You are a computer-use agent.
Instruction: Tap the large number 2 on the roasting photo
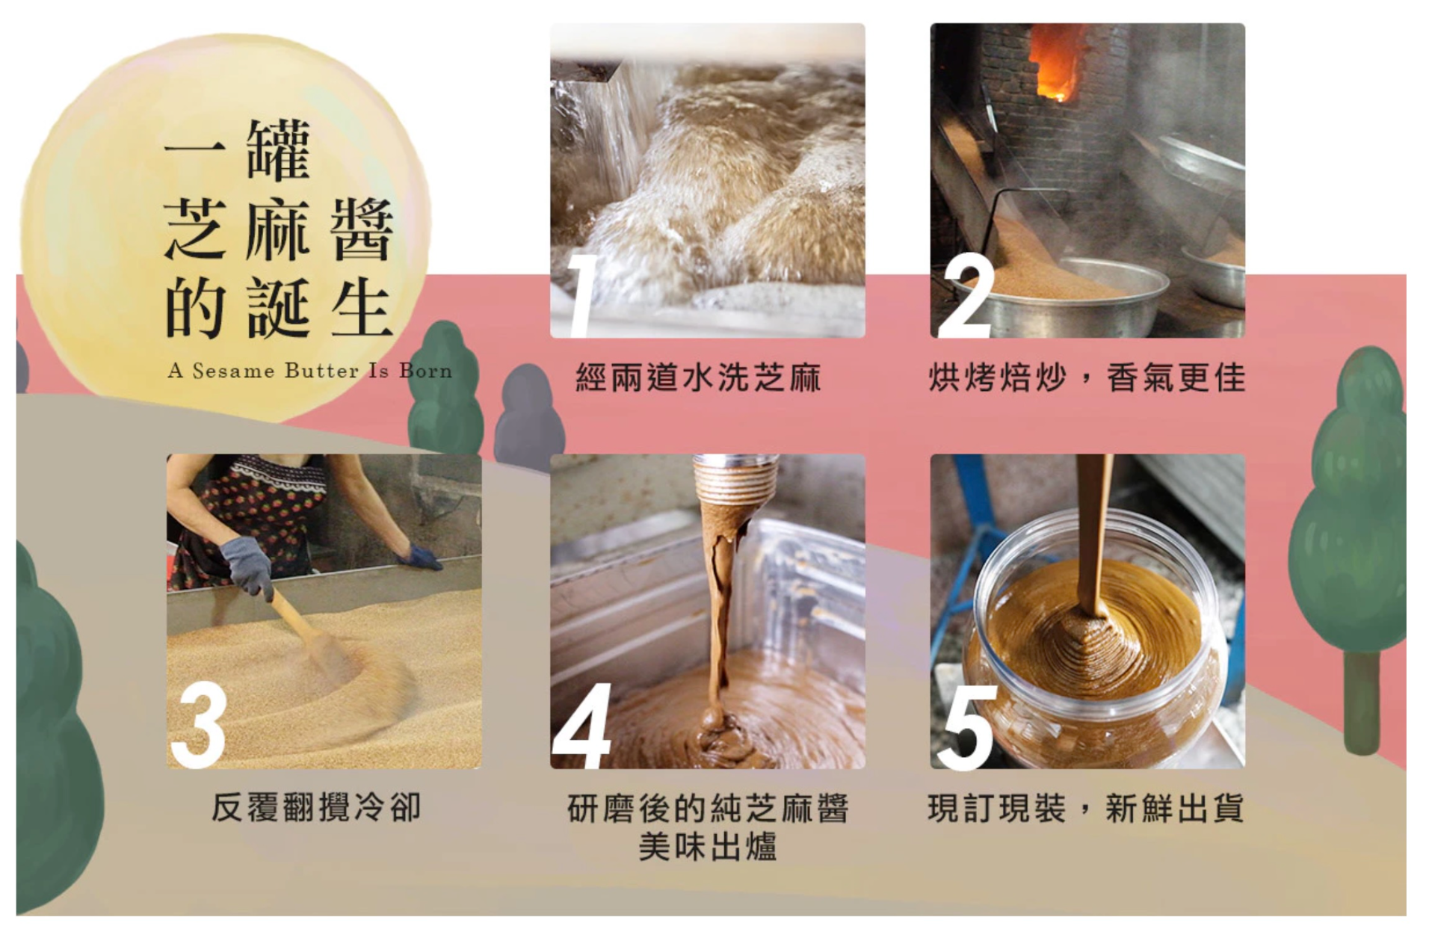click(967, 295)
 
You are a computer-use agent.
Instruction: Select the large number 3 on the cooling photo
click(199, 725)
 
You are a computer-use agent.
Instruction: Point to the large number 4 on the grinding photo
click(582, 726)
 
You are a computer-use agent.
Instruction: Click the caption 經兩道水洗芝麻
click(699, 377)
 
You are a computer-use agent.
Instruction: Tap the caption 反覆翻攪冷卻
click(317, 807)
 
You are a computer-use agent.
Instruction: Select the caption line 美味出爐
click(708, 848)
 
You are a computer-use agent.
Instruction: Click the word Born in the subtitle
click(425, 371)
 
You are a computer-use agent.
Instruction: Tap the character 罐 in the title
click(279, 150)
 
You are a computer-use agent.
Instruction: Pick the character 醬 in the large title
click(362, 229)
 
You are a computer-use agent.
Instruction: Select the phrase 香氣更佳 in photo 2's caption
click(1176, 377)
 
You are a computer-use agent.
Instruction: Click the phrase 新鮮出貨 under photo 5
click(1175, 808)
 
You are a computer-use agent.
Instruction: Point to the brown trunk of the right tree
click(1363, 703)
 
